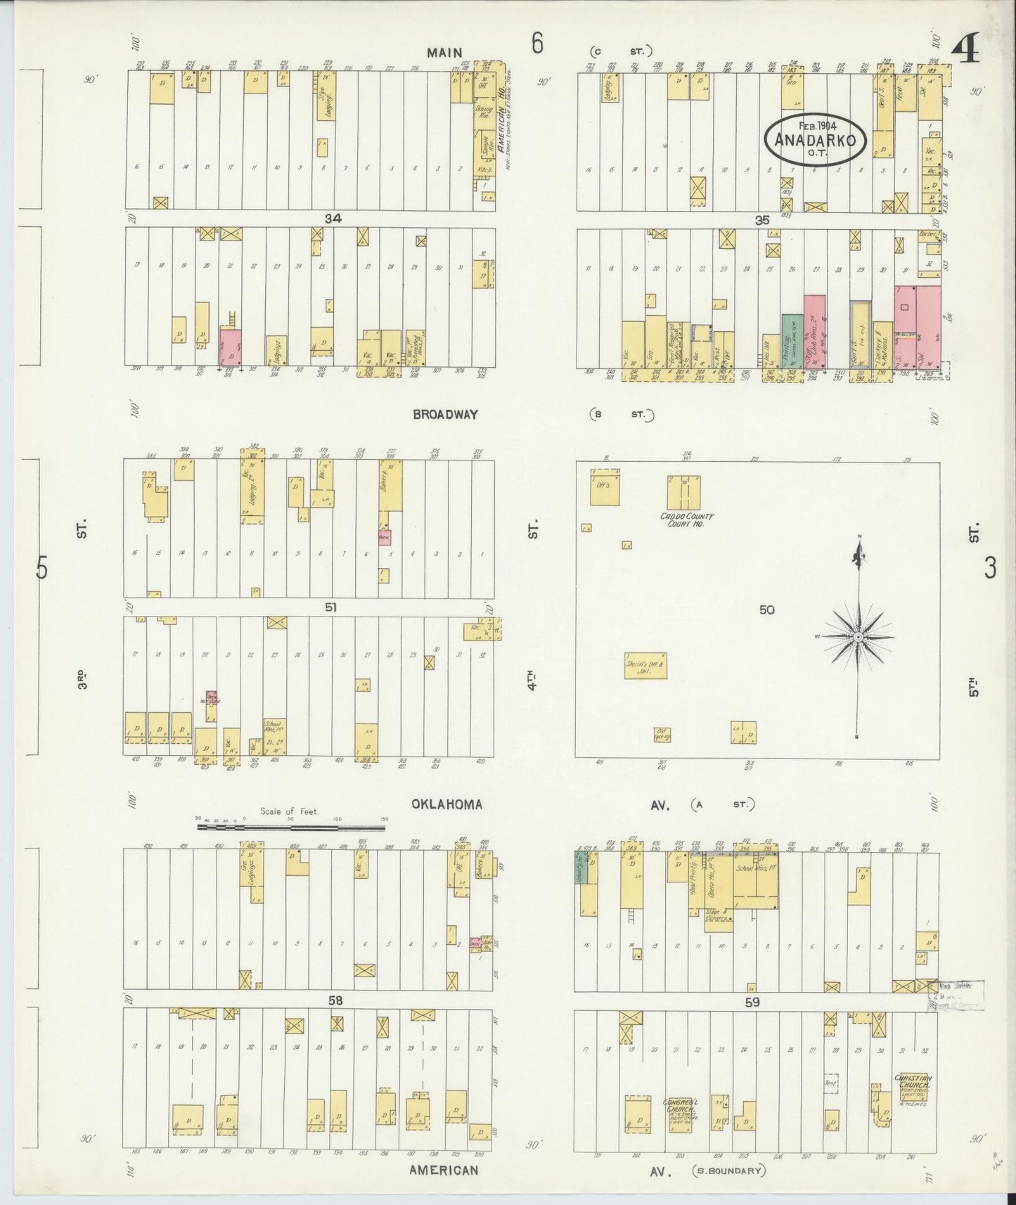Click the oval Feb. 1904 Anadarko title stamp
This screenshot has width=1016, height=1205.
pos(816,139)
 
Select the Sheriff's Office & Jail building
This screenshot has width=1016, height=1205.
pos(645,664)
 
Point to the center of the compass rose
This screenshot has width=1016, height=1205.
pos(858,637)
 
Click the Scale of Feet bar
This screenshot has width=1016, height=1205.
pos(291,827)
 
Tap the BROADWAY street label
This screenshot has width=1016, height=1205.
pos(445,415)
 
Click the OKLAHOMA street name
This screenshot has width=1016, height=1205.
pos(446,804)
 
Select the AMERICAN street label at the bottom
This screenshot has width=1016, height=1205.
pos(444,1171)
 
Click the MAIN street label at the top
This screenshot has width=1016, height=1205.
pos(444,53)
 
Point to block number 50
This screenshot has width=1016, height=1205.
pos(766,610)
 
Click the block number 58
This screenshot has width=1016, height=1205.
pos(335,1000)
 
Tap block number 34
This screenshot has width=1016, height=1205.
pos(333,219)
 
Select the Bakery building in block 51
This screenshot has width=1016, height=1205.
pos(390,495)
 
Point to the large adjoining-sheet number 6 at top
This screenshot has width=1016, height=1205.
pos(537,44)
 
